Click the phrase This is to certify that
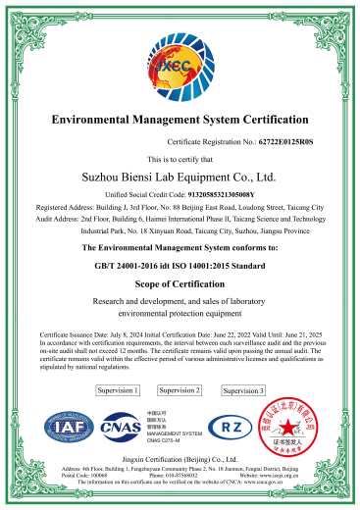coord(180,159)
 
